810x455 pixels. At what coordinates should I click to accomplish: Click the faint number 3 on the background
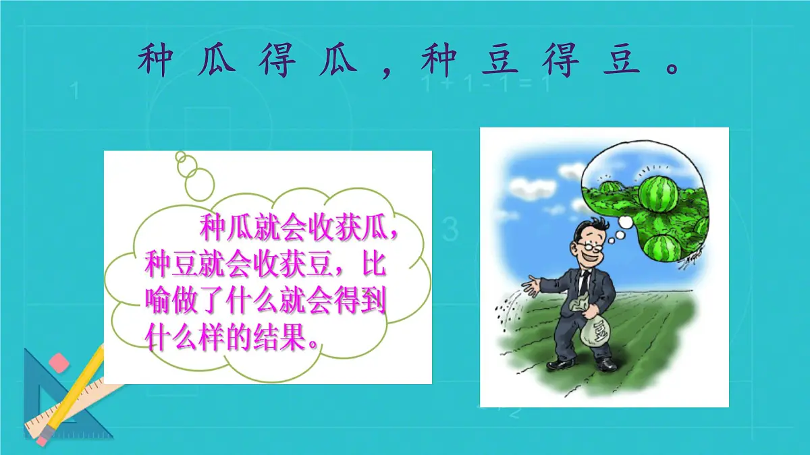(x=450, y=229)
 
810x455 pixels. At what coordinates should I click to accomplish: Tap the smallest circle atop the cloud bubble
(x=180, y=157)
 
